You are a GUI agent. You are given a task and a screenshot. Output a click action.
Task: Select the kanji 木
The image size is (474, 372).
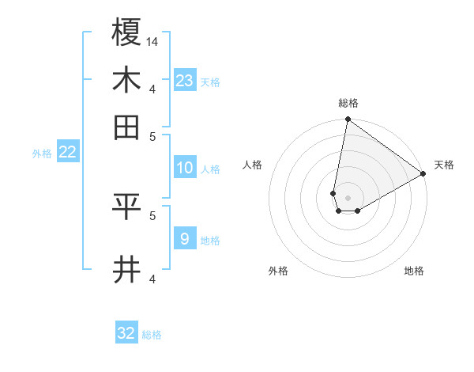click(127, 80)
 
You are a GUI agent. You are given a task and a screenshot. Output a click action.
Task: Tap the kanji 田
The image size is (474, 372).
click(127, 127)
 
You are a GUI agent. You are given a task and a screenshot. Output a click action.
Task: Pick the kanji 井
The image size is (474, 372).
click(127, 269)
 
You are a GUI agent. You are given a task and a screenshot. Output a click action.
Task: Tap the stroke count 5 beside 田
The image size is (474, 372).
click(152, 135)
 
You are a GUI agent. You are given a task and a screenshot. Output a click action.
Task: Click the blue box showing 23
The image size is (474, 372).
click(185, 80)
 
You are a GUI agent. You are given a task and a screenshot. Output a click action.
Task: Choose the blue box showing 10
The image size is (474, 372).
click(185, 168)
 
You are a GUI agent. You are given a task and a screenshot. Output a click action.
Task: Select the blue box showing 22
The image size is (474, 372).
click(67, 152)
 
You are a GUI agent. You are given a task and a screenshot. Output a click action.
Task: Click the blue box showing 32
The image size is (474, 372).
click(126, 333)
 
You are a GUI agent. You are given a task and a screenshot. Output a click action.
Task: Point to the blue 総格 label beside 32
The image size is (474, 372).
click(152, 335)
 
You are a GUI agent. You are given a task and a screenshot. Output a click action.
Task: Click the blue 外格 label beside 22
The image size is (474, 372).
click(41, 154)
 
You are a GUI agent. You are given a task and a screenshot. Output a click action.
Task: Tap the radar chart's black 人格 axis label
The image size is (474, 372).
click(253, 165)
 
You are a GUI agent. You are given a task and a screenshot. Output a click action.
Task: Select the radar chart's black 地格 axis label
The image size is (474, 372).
click(414, 271)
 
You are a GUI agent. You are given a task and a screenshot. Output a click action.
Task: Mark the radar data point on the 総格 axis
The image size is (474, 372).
click(348, 120)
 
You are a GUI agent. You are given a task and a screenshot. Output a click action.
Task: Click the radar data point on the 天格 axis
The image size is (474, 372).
click(423, 174)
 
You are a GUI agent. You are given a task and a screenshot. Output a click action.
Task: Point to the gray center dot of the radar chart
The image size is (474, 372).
click(348, 198)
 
